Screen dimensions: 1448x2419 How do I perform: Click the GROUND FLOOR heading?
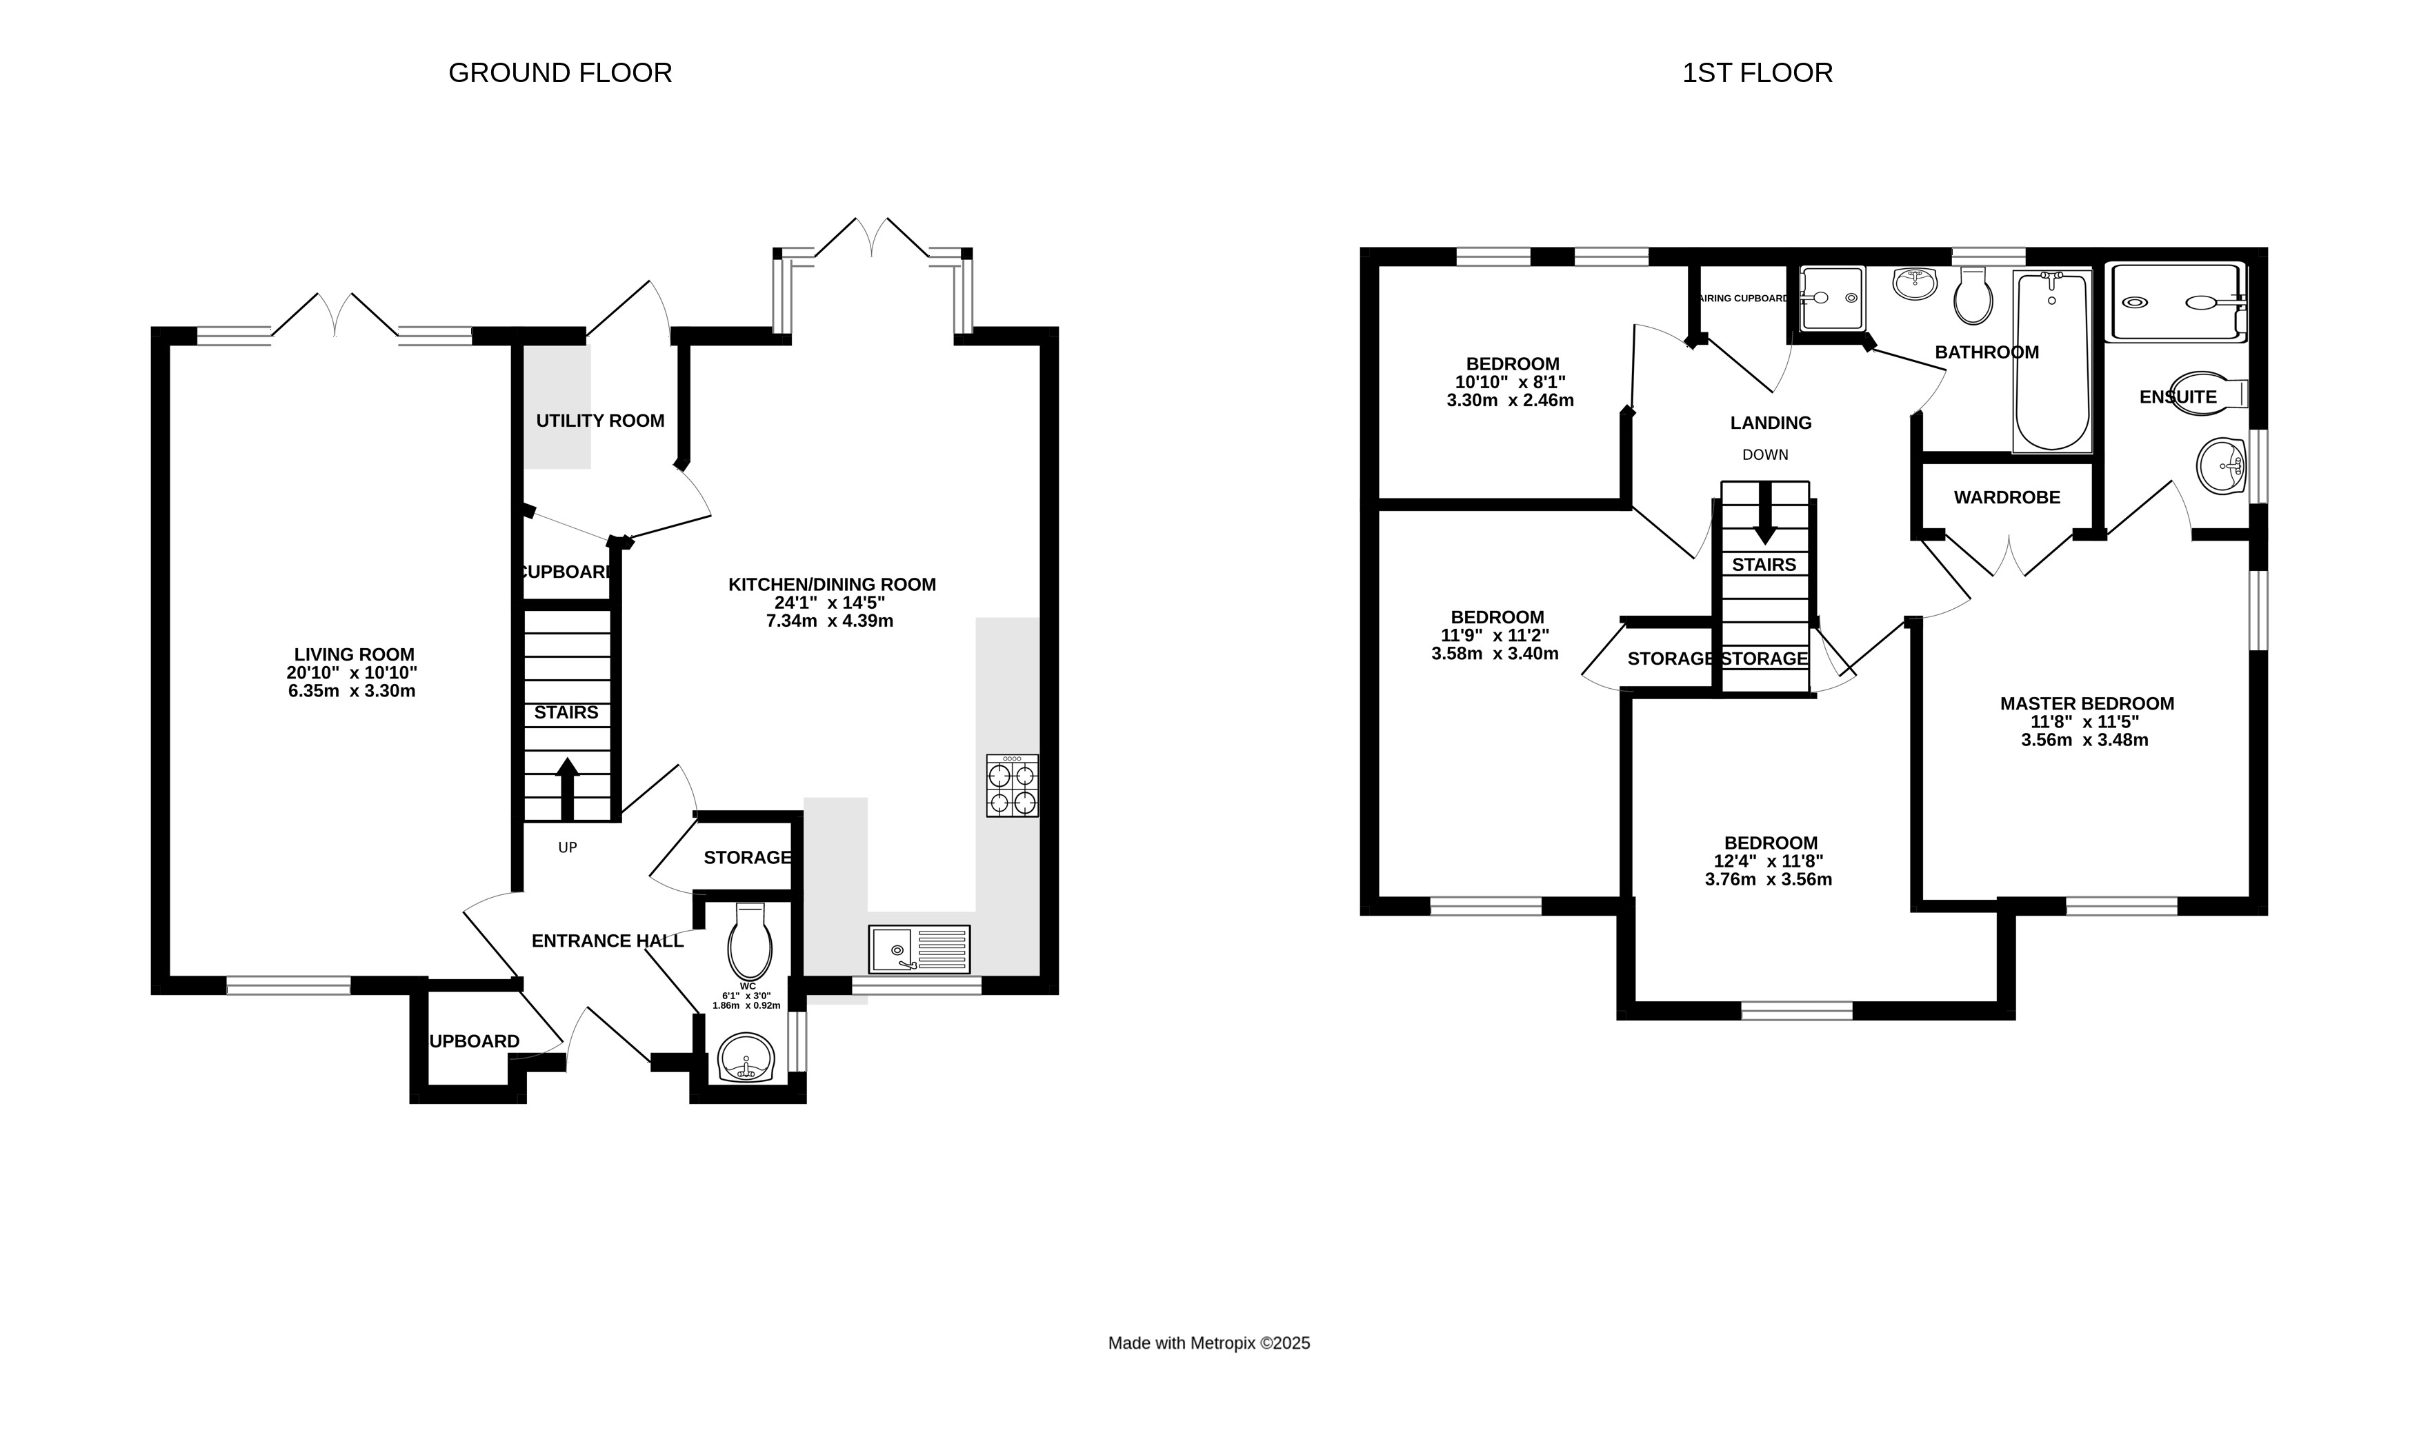click(x=560, y=73)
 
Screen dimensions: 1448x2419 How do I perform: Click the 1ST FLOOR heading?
click(x=1756, y=73)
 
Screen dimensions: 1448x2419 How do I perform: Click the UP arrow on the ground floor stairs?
click(x=567, y=788)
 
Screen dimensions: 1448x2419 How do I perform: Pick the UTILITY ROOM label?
click(x=600, y=421)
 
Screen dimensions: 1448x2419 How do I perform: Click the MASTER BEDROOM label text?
click(x=2087, y=703)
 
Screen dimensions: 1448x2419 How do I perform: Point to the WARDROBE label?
click(x=2007, y=498)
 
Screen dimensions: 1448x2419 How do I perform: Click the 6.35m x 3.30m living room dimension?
click(x=351, y=691)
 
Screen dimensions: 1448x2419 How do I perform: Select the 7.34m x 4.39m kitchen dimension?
click(x=829, y=621)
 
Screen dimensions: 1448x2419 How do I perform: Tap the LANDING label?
click(x=1770, y=423)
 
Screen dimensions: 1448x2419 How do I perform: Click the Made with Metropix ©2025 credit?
click(x=1208, y=1344)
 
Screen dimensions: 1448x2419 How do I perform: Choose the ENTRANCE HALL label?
click(x=607, y=941)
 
